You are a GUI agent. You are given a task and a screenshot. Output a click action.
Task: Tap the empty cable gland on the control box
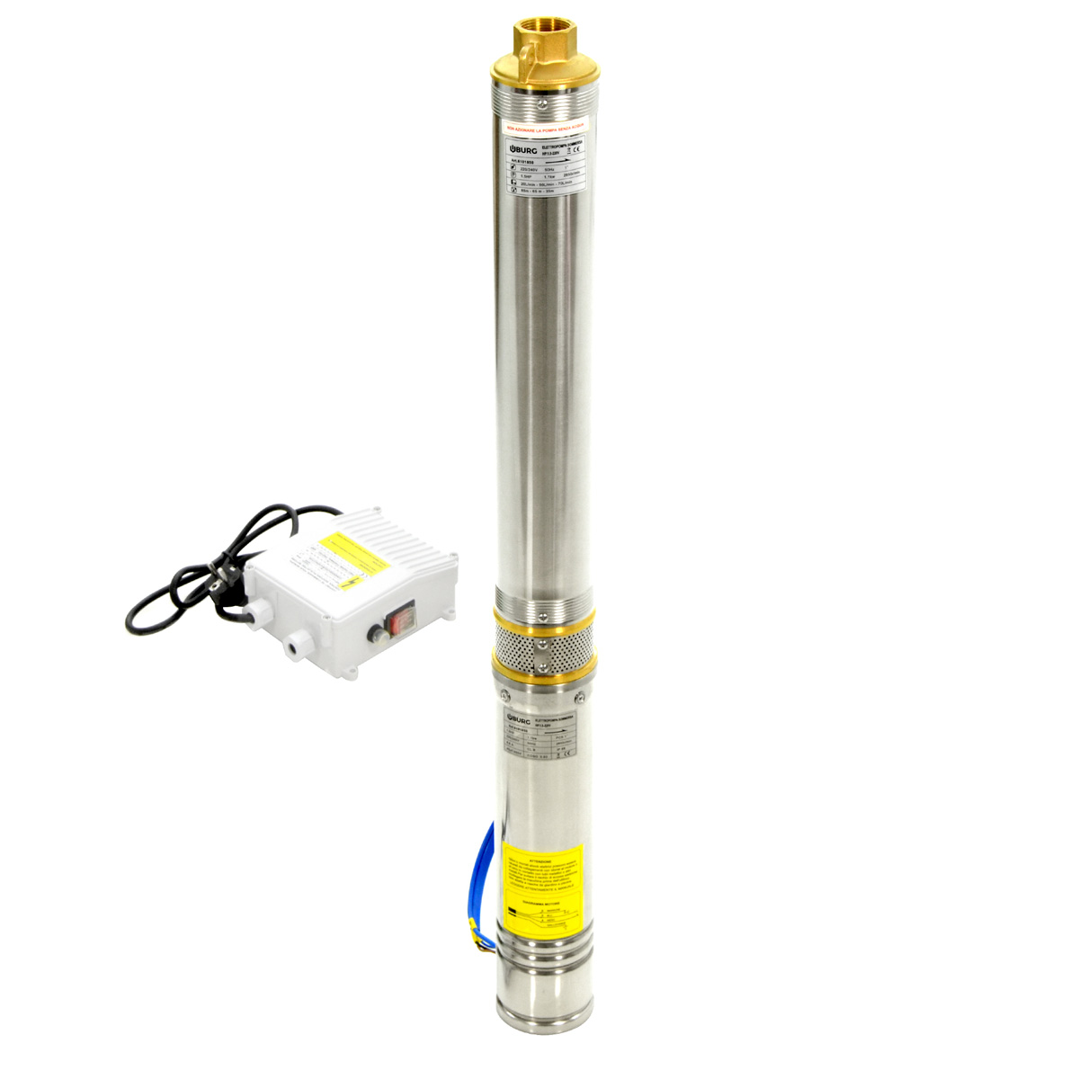pyautogui.click(x=293, y=646)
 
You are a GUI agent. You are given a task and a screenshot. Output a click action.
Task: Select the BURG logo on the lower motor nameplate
pyautogui.click(x=517, y=718)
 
